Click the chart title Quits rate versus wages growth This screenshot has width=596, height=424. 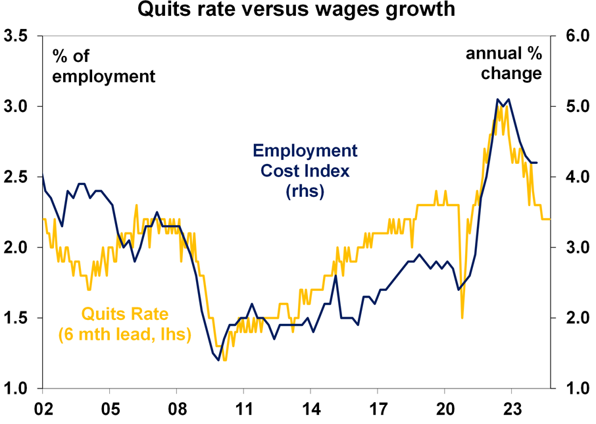[298, 10]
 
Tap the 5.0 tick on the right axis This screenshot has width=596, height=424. [574, 107]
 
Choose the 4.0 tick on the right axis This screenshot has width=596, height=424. [574, 177]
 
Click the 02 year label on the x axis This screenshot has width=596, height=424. [43, 408]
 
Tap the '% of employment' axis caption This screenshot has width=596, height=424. [104, 66]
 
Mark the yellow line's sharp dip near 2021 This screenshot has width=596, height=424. [462, 317]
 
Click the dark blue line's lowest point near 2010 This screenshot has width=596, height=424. [218, 359]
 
